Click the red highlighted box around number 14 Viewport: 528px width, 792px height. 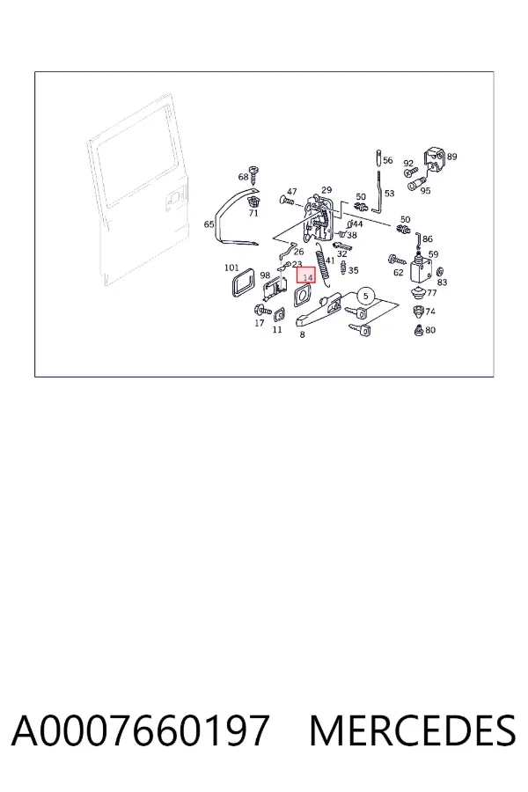tap(305, 275)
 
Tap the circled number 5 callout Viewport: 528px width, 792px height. tap(366, 297)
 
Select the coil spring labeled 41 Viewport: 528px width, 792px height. tap(322, 265)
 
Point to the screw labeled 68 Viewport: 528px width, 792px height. tap(254, 174)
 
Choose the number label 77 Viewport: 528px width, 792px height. tap(431, 293)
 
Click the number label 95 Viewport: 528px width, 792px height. tap(425, 190)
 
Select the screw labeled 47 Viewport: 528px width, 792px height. tap(287, 201)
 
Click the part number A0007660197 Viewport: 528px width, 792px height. tap(140, 730)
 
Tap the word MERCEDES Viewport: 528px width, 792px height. tap(413, 730)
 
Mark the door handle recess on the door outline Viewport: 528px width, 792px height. tap(174, 198)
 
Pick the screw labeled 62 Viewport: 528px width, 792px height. tap(397, 260)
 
